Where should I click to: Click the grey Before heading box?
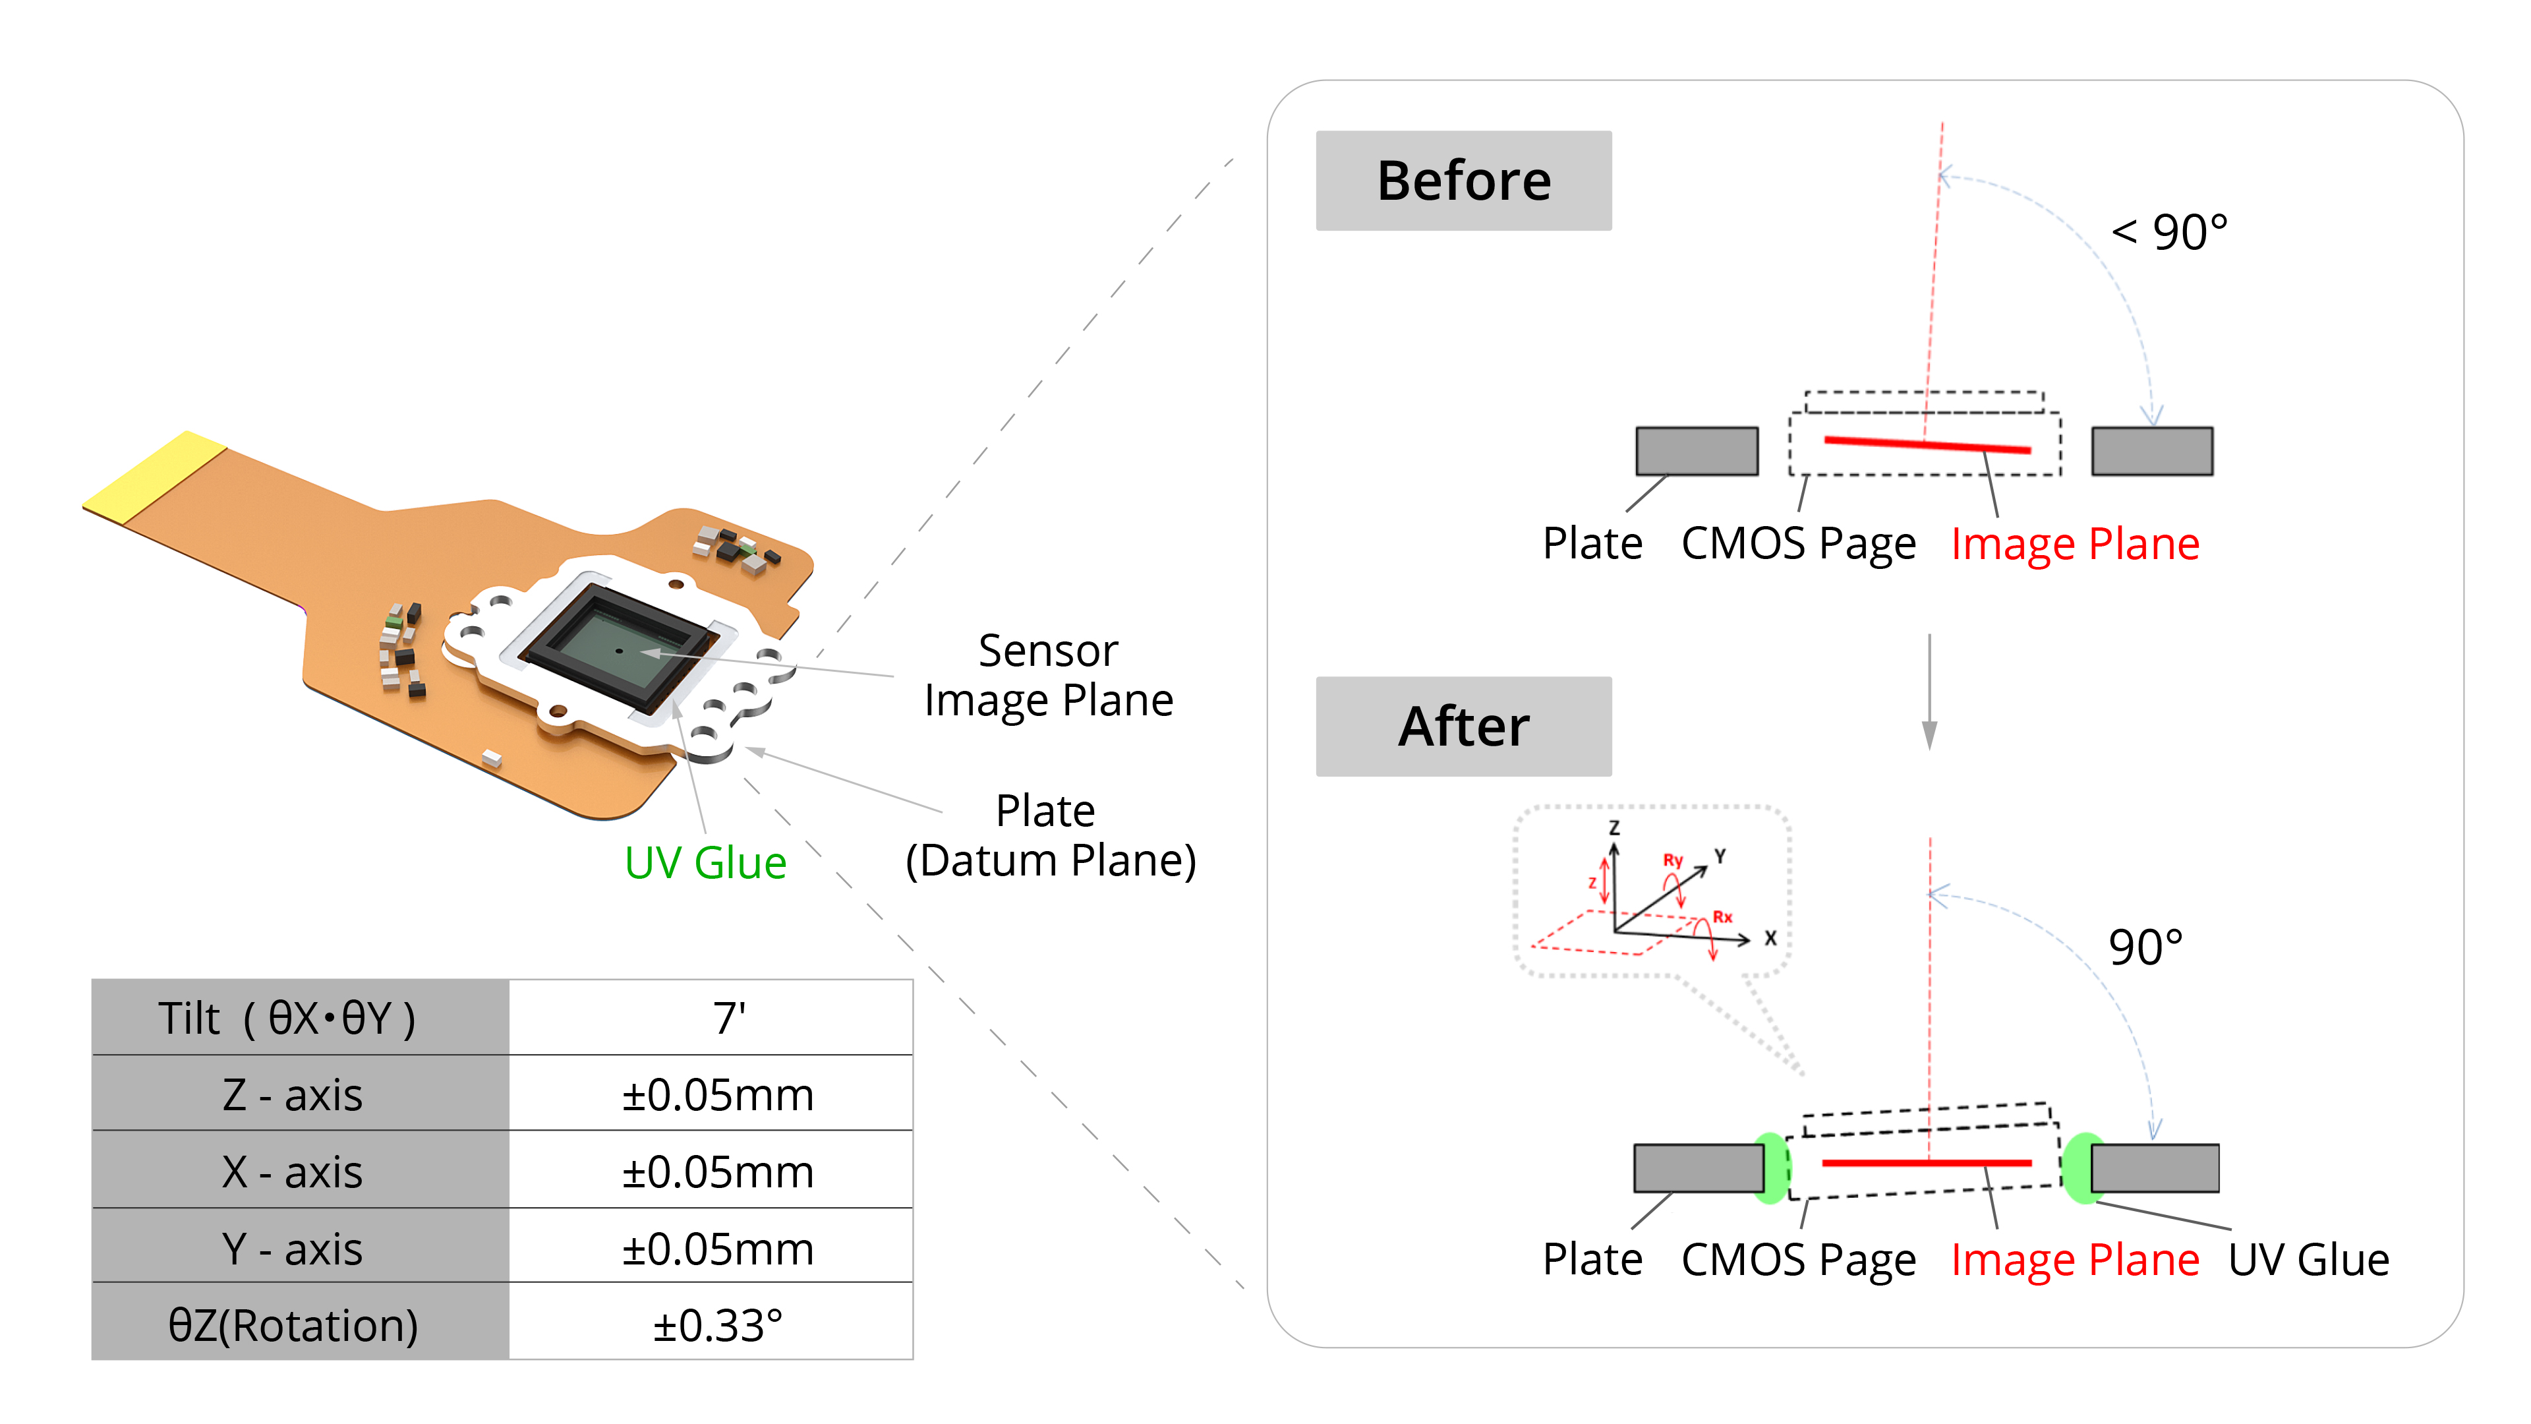point(1463,181)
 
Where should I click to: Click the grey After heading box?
point(1463,727)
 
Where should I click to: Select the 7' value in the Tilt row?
point(728,1018)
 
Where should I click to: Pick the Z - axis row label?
point(293,1095)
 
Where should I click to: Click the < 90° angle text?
point(2168,233)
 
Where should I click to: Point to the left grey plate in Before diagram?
point(1696,451)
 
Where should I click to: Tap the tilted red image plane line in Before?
point(1926,444)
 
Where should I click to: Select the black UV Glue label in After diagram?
point(2308,1259)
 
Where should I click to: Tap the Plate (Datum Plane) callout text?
point(1049,835)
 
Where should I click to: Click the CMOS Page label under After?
point(1798,1259)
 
